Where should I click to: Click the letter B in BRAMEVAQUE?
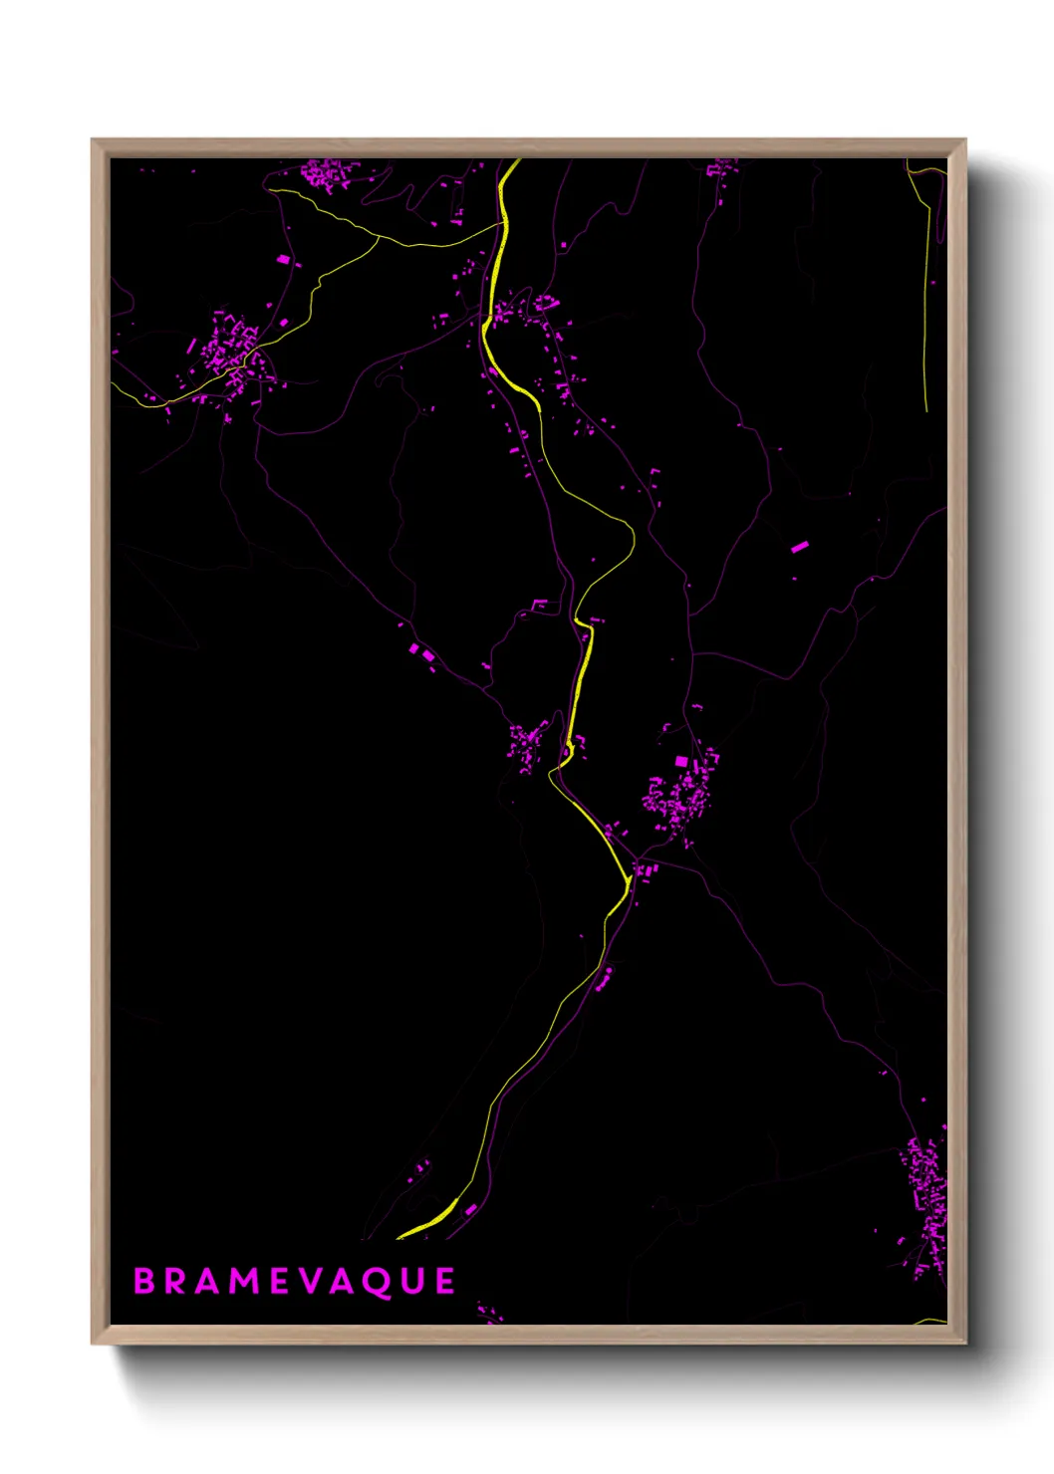click(144, 1281)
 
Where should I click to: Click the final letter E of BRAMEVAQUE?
click(443, 1281)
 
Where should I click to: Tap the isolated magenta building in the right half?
click(799, 547)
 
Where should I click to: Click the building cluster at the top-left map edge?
click(329, 175)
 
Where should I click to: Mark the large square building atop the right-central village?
click(681, 762)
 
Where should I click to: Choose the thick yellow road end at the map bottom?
click(428, 1223)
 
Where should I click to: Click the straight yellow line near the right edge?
click(926, 299)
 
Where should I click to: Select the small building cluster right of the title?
click(488, 1313)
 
